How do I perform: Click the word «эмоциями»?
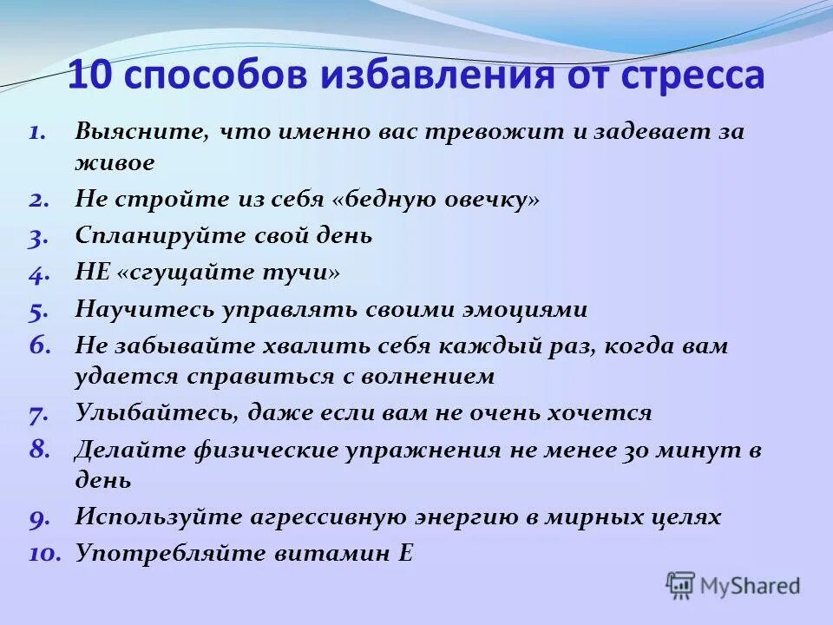(x=521, y=309)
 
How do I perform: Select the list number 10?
(x=43, y=553)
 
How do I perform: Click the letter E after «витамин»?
(x=405, y=553)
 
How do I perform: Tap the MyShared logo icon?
(x=681, y=586)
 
